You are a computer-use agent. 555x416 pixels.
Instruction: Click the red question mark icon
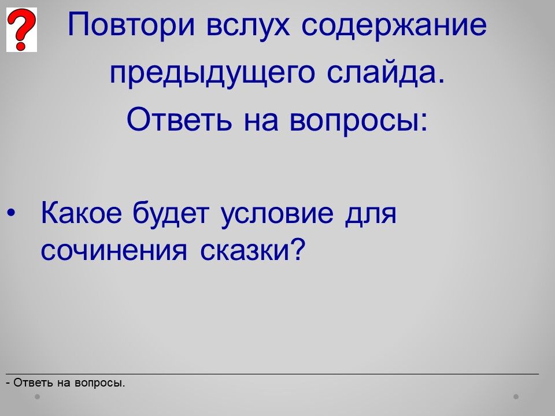(x=21, y=29)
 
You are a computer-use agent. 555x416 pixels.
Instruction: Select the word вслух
(x=248, y=25)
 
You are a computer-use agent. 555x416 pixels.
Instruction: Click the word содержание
(x=394, y=25)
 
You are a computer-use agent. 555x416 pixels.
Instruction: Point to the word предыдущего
(x=212, y=73)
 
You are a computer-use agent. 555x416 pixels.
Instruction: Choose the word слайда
(x=385, y=73)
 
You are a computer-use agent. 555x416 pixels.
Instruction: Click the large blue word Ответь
(x=179, y=119)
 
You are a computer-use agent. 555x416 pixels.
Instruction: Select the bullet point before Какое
(x=12, y=213)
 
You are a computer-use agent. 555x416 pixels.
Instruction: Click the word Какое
(x=82, y=213)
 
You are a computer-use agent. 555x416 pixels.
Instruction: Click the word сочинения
(x=114, y=251)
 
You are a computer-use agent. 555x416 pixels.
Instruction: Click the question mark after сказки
(x=297, y=248)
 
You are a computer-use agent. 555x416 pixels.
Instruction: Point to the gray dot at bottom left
(x=37, y=397)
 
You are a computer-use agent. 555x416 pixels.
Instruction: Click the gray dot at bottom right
(x=516, y=397)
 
